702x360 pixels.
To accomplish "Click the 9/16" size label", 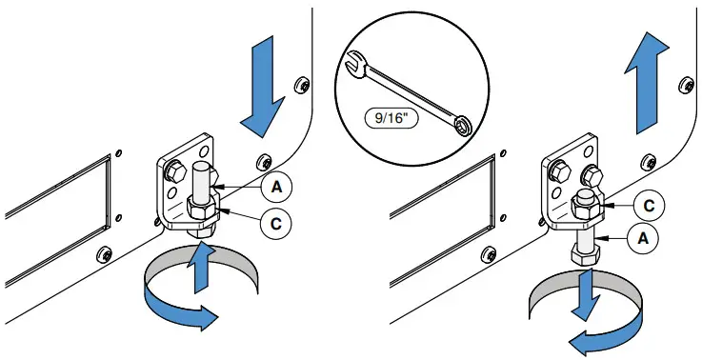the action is click(391, 118).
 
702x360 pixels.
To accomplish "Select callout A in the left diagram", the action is click(276, 187).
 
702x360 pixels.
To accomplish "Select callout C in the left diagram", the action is click(276, 223).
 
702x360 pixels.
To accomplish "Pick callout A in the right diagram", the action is click(642, 239).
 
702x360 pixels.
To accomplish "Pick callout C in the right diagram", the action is click(650, 206).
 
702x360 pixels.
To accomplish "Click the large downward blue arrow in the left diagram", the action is click(263, 87).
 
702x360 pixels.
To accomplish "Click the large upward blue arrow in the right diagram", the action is click(647, 83).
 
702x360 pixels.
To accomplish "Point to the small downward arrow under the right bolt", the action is click(587, 294).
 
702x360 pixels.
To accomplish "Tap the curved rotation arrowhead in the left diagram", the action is click(207, 317).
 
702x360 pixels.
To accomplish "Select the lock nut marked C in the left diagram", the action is click(201, 210).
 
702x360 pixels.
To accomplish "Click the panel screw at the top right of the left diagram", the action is click(303, 85).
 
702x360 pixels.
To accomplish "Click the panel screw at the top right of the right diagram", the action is click(687, 86).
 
